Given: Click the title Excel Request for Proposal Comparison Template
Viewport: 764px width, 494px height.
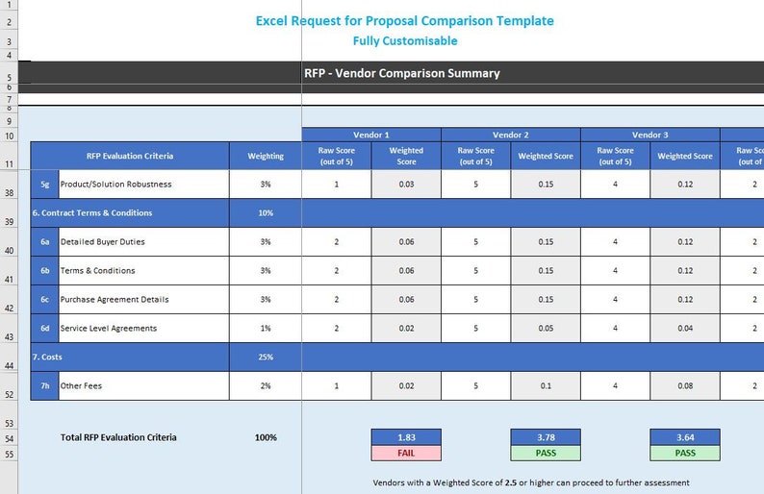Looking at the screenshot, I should [x=404, y=20].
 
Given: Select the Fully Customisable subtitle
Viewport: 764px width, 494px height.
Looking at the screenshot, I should [x=404, y=41].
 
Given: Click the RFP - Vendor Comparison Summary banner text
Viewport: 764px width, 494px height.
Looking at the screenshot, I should [x=401, y=73].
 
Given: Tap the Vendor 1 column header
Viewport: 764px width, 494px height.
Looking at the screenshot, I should [x=371, y=135].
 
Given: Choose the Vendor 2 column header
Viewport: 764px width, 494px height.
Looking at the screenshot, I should [x=511, y=135].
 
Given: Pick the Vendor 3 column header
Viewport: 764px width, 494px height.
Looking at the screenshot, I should [x=650, y=135].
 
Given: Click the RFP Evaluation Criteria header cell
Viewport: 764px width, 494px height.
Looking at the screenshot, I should [x=130, y=156].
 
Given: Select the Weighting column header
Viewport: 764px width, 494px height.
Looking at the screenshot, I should [x=266, y=156].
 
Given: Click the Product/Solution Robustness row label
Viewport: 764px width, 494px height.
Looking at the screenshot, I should [x=116, y=185].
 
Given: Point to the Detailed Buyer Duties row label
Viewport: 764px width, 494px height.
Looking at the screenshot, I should [x=103, y=242].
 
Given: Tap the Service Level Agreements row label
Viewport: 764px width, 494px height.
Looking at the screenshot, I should [x=109, y=329].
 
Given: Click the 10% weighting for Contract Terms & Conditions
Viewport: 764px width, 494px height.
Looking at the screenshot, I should [x=266, y=213].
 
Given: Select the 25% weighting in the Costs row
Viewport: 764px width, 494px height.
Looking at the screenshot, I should [x=266, y=358].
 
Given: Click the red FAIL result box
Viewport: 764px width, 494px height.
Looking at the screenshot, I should [x=406, y=453].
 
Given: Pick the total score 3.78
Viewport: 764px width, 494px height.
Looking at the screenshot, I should [x=546, y=437].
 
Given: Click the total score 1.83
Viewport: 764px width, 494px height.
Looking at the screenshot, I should [x=406, y=437].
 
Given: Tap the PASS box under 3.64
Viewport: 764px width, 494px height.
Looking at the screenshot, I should [x=685, y=453].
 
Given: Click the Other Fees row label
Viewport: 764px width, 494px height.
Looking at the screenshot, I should [x=81, y=386].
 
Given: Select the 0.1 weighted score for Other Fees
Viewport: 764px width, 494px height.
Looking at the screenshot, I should [x=546, y=386].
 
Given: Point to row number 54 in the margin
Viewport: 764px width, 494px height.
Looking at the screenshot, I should [x=9, y=437].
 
